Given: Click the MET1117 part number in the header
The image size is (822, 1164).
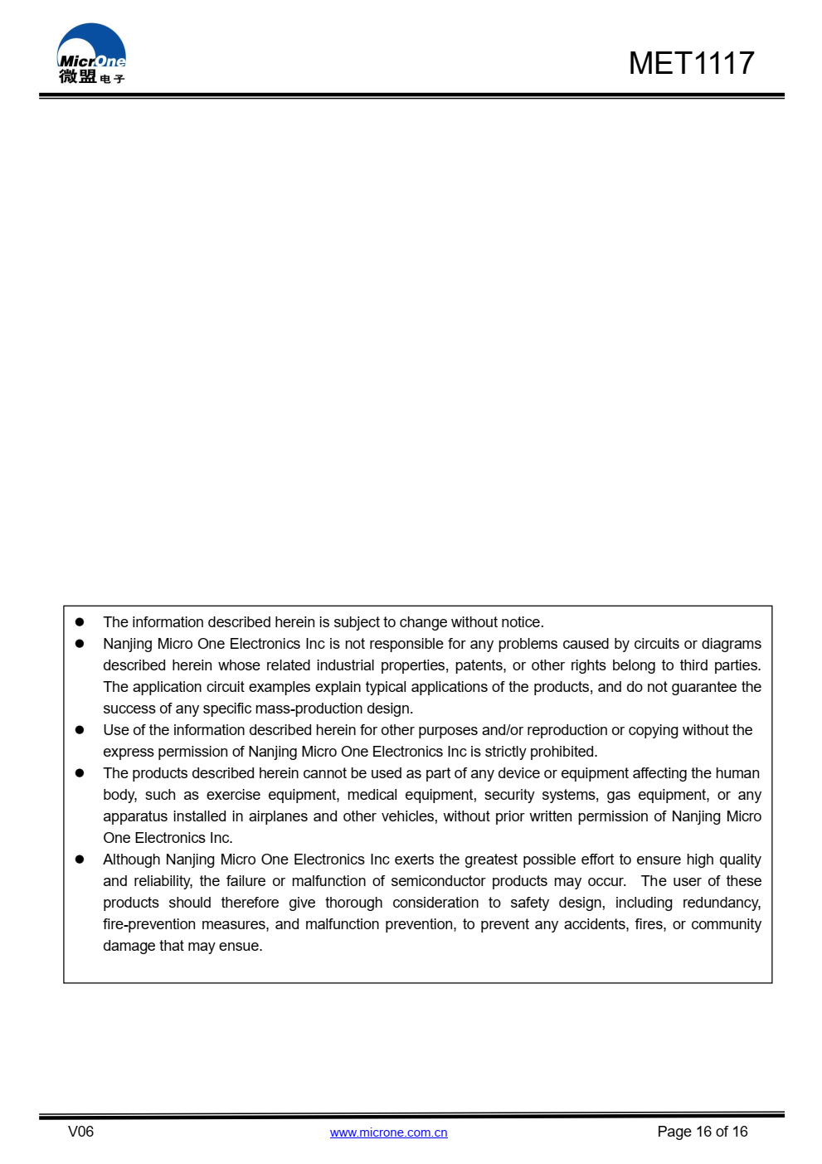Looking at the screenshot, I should (x=691, y=63).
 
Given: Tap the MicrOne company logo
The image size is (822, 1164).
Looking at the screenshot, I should (x=91, y=55).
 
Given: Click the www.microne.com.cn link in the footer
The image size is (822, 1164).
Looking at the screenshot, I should (x=388, y=1132).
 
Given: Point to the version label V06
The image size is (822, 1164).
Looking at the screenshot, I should (x=80, y=1132).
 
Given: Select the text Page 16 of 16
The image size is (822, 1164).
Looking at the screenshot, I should (x=702, y=1132).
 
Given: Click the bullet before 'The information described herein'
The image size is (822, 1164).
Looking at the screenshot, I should (x=80, y=622).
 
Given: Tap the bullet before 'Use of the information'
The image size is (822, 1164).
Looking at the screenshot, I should (x=80, y=730).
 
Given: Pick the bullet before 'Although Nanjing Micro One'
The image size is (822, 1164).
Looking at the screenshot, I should (x=80, y=860).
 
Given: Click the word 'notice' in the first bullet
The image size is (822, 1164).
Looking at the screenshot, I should (x=520, y=622).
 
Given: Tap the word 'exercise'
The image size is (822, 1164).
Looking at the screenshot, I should (x=233, y=795).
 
